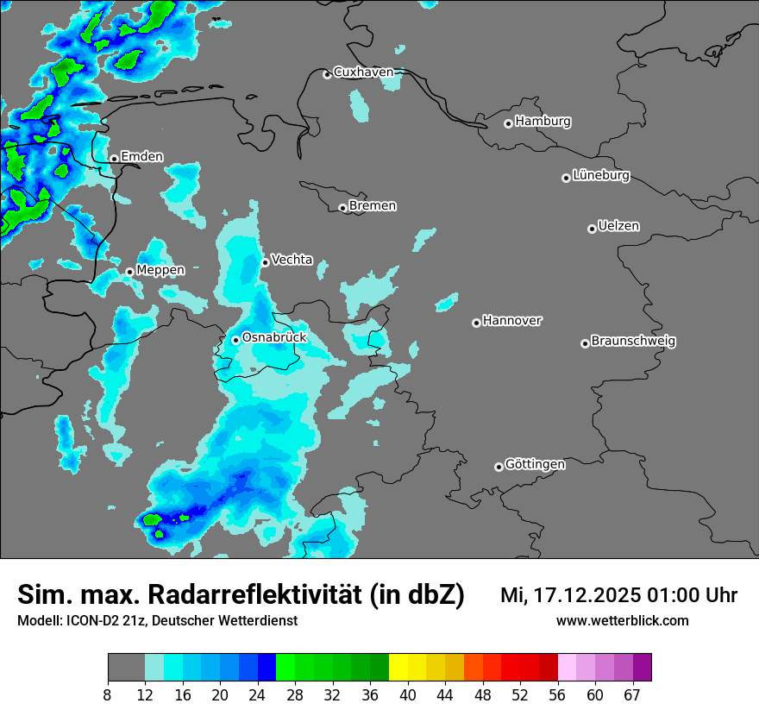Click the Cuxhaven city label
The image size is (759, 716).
coord(363,72)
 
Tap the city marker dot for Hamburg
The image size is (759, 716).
coord(509,123)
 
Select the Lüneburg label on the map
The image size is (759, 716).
coord(601,176)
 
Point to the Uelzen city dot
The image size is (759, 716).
coord(592,229)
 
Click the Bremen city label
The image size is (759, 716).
coord(373,206)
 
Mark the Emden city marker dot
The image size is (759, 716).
coord(114,159)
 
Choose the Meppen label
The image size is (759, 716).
coord(160,270)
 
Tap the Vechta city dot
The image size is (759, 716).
coord(266,262)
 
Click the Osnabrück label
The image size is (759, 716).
coord(274,338)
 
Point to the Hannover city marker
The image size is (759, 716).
coord(476,323)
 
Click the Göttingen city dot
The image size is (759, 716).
coord(499,467)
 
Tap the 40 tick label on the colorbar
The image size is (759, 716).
coord(408,695)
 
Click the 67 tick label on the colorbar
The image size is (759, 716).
coord(632,695)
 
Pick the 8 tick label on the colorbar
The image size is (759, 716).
coord(108,695)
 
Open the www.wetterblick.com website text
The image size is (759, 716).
coord(623,621)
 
